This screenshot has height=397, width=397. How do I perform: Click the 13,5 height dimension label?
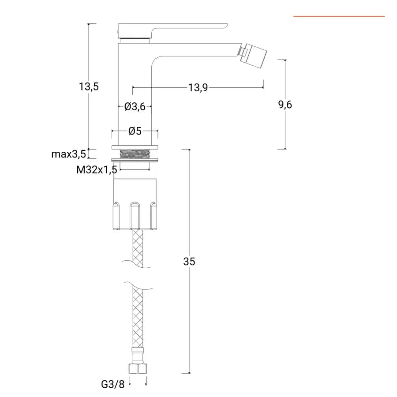click(x=89, y=86)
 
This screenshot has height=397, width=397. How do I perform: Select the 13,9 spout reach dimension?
click(x=198, y=88)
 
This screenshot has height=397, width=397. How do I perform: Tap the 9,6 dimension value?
click(x=285, y=104)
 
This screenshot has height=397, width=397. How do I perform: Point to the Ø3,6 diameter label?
click(x=135, y=107)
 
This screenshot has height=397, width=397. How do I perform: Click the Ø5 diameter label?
click(x=135, y=131)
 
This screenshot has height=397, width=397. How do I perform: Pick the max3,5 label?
click(x=69, y=154)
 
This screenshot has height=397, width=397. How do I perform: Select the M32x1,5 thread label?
click(x=97, y=170)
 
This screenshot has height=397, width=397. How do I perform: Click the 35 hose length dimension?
click(x=189, y=261)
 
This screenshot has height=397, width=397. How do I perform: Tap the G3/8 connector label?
click(x=112, y=384)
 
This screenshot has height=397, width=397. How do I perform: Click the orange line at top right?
click(x=339, y=16)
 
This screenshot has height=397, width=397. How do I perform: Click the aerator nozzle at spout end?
click(x=254, y=55)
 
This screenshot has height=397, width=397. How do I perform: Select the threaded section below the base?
click(x=135, y=154)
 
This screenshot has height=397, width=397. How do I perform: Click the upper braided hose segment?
click(x=138, y=249)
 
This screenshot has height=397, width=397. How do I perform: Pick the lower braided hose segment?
click(x=138, y=317)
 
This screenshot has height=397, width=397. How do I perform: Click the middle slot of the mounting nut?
click(x=135, y=215)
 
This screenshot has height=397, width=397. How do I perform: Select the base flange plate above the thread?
click(x=135, y=147)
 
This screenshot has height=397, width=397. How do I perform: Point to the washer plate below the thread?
click(x=135, y=160)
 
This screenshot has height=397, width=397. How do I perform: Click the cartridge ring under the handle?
click(x=135, y=41)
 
